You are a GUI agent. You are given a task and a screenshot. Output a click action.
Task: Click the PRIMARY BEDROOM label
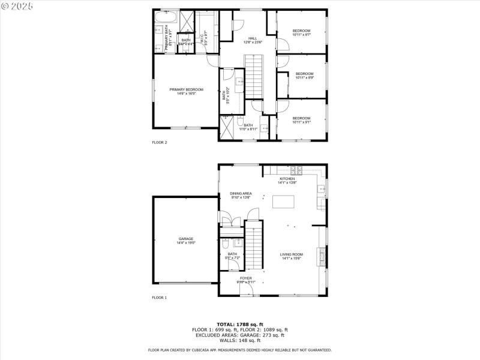click(186, 89)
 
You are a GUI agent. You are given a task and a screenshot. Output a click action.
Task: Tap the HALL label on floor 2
click(253, 38)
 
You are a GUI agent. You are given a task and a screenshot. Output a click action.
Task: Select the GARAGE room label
click(186, 239)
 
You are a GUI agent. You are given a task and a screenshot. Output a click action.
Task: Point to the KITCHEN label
click(287, 179)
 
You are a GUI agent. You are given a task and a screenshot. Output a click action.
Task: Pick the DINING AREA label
click(241, 193)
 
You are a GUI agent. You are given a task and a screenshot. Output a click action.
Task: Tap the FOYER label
click(246, 278)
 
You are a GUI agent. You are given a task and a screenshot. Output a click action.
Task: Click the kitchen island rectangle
click(284, 202)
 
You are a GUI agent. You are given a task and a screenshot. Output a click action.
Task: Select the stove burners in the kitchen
click(295, 170)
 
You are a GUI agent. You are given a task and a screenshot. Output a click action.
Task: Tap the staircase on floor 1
click(256, 246)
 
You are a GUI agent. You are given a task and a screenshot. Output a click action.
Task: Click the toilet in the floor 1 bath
click(224, 244)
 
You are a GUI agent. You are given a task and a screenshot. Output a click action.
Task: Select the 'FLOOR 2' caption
click(159, 142)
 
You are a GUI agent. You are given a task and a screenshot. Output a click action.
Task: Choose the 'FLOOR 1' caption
click(159, 298)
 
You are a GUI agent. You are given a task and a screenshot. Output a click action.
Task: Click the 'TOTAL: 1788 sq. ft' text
click(240, 324)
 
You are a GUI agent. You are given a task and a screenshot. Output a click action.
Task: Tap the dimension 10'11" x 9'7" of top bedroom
click(301, 35)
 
